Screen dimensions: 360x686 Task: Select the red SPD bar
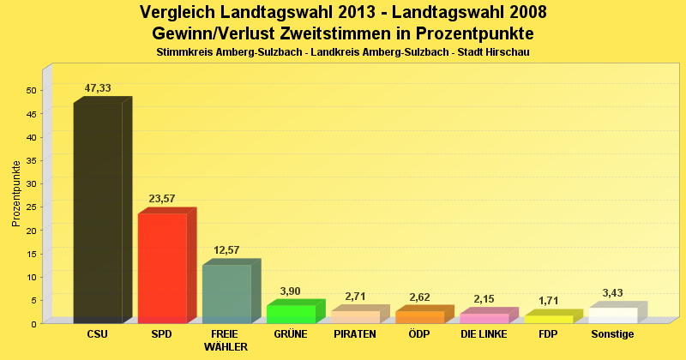tap(162, 267)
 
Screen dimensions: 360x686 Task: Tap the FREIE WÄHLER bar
tap(226, 293)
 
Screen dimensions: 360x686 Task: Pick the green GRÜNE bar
tap(291, 313)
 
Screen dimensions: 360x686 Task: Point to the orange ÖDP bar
tap(419, 316)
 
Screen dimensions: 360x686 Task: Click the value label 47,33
tap(98, 88)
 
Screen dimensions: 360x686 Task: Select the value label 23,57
tap(162, 199)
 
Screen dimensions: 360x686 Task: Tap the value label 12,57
tap(226, 250)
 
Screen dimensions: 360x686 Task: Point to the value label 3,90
tap(291, 291)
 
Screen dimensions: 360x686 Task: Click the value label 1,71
tap(548, 301)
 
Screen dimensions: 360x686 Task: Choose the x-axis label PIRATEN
tap(355, 334)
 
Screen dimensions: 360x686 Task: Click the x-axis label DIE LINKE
tap(484, 334)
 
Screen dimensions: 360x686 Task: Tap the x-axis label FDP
tap(548, 334)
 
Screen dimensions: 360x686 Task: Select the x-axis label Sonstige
tap(612, 334)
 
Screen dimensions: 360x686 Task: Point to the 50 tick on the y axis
tap(31, 91)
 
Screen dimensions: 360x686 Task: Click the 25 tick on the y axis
tap(31, 207)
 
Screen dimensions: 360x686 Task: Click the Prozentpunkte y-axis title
tap(16, 194)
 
